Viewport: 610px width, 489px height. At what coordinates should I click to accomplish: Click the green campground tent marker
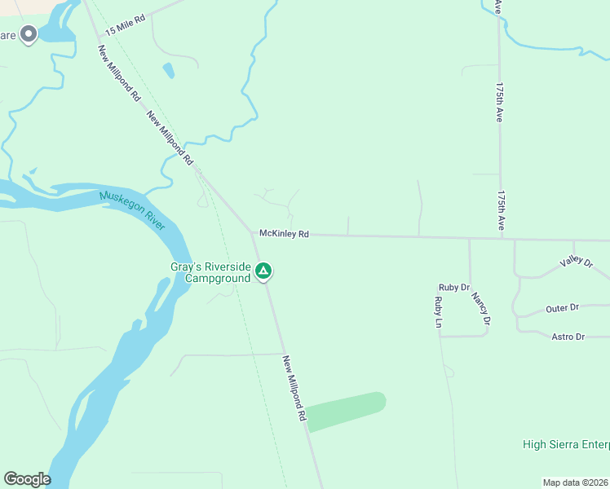(263, 271)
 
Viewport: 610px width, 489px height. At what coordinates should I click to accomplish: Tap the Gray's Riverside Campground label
(210, 272)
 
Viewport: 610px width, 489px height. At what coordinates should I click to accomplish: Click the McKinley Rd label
(284, 234)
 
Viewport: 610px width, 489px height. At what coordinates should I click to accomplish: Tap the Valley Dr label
(576, 262)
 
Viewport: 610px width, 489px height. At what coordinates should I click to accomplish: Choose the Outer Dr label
(562, 308)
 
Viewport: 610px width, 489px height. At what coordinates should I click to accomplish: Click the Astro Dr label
(568, 337)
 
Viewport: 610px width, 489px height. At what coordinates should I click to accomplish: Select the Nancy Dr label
(480, 309)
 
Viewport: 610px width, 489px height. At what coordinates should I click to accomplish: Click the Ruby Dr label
(454, 287)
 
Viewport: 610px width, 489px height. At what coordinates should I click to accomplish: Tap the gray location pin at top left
(29, 34)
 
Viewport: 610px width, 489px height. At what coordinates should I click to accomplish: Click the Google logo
(27, 479)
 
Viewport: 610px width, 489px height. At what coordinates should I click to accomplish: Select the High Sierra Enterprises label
(566, 444)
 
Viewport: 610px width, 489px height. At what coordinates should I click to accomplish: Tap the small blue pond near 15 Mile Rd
(168, 70)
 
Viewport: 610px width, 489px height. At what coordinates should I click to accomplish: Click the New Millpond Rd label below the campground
(294, 387)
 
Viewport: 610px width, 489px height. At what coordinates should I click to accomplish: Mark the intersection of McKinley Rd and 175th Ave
(501, 239)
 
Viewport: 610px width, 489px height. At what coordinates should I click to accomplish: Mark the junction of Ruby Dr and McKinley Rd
(470, 239)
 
